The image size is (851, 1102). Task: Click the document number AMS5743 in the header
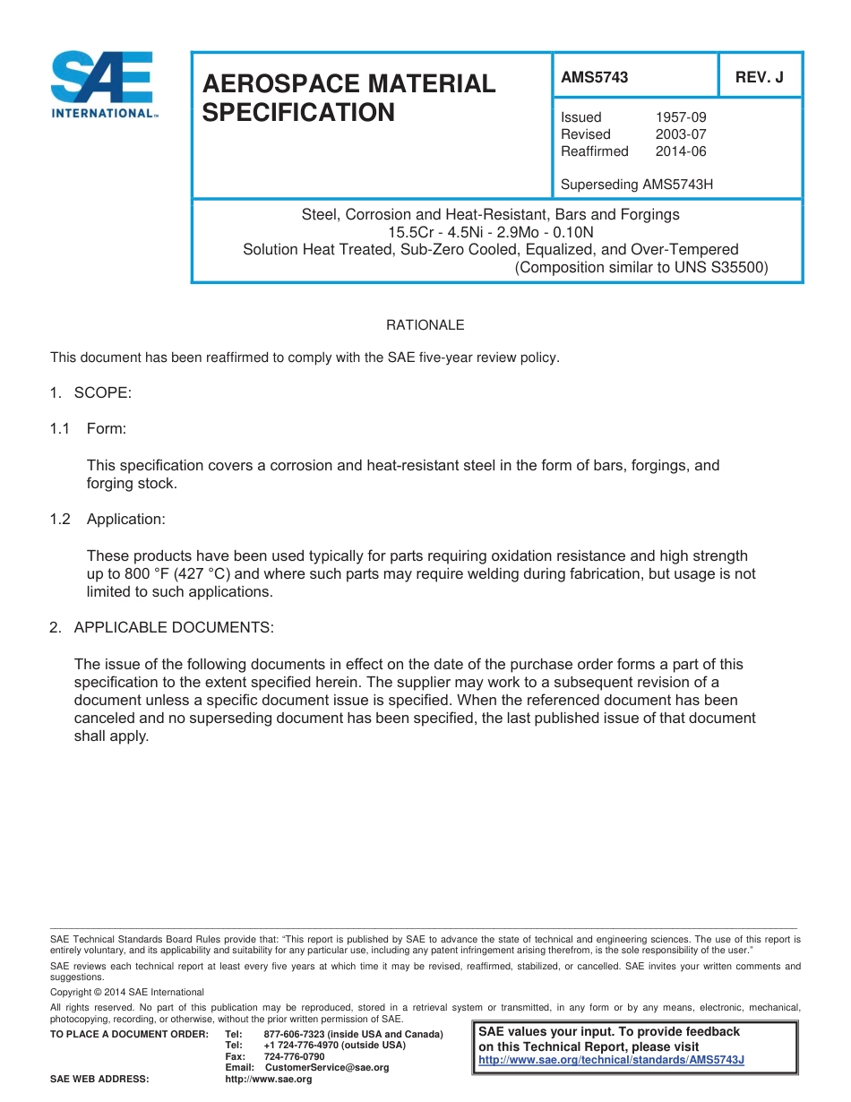(594, 77)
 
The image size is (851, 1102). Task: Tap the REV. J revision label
(759, 77)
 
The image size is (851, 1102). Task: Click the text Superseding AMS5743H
(636, 185)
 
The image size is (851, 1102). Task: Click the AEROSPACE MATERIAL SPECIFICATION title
(348, 98)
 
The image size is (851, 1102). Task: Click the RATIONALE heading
(425, 325)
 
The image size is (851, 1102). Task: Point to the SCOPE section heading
(102, 392)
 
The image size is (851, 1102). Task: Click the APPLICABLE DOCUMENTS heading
(173, 627)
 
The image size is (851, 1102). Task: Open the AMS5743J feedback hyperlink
(612, 1060)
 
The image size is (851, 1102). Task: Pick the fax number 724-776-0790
(294, 1057)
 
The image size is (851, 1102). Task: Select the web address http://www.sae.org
(269, 1080)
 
